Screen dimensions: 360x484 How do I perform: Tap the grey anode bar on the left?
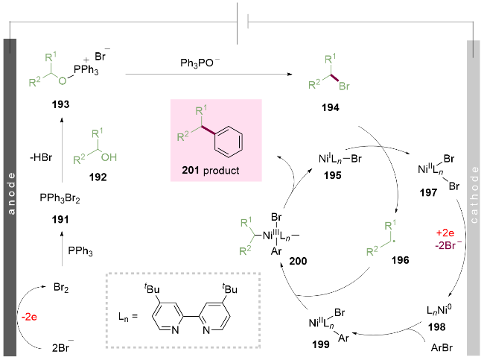coord(9,194)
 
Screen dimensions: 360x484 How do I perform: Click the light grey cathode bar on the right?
coord(474,194)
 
